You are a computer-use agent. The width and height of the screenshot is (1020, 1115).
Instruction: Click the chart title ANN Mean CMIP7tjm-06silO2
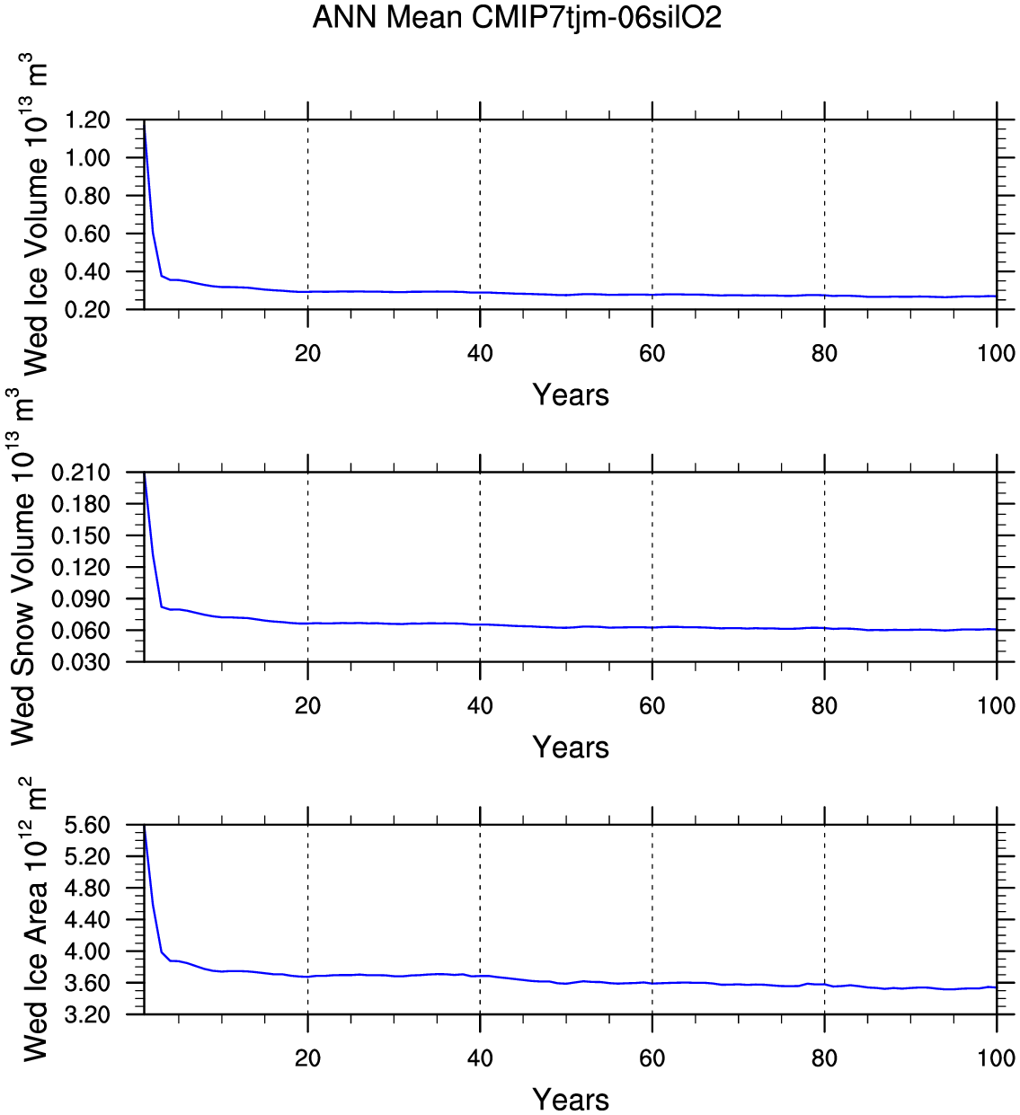pyautogui.click(x=517, y=17)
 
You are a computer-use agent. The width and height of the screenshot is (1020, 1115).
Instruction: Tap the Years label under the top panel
pyautogui.click(x=571, y=395)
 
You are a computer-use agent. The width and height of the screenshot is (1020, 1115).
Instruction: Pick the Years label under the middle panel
pyautogui.click(x=571, y=748)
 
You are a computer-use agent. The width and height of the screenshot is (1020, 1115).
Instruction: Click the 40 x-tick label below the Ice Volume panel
pyautogui.click(x=480, y=354)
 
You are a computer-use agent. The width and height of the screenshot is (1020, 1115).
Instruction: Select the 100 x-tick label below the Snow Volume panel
pyautogui.click(x=996, y=706)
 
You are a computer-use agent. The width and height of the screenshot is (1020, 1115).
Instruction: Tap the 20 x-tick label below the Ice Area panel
pyautogui.click(x=307, y=1058)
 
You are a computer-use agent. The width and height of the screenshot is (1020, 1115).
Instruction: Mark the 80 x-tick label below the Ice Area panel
pyautogui.click(x=824, y=1058)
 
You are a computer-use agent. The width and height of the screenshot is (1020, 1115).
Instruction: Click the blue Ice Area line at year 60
pyautogui.click(x=652, y=983)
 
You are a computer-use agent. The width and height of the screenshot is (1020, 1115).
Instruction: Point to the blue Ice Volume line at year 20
pyautogui.click(x=308, y=292)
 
